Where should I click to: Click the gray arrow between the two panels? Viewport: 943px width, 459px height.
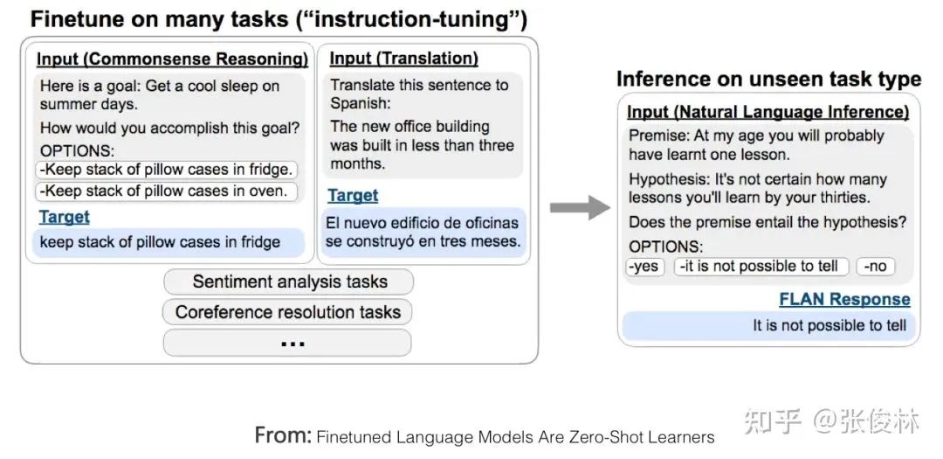pyautogui.click(x=580, y=208)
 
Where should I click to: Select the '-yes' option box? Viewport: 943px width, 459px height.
pyautogui.click(x=644, y=267)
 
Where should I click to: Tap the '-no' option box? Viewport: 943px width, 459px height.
pyautogui.click(x=875, y=267)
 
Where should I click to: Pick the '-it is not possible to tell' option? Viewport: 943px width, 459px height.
pyautogui.click(x=761, y=267)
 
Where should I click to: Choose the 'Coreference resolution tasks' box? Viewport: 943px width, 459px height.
pyautogui.click(x=288, y=312)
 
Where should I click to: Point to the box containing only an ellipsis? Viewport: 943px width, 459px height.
pyautogui.click(x=288, y=343)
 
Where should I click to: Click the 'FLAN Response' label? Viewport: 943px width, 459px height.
pyautogui.click(x=844, y=299)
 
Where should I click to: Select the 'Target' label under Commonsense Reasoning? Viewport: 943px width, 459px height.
pyautogui.click(x=65, y=217)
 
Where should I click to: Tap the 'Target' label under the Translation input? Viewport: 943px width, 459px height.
pyautogui.click(x=353, y=195)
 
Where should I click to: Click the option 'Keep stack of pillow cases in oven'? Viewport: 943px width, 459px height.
pyautogui.click(x=167, y=191)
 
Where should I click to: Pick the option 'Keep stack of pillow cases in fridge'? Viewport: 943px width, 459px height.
pyautogui.click(x=167, y=170)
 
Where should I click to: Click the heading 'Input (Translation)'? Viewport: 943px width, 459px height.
pyautogui.click(x=403, y=59)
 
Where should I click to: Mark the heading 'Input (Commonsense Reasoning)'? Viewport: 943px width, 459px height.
pyautogui.click(x=173, y=59)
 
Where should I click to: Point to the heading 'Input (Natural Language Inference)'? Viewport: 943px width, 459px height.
pyautogui.click(x=768, y=112)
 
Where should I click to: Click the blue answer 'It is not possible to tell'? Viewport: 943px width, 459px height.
pyautogui.click(x=829, y=326)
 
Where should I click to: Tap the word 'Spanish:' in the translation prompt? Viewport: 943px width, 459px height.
pyautogui.click(x=361, y=103)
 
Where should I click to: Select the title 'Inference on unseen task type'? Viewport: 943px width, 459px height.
pyautogui.click(x=768, y=79)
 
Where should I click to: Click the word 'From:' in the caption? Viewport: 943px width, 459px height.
pyautogui.click(x=283, y=435)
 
